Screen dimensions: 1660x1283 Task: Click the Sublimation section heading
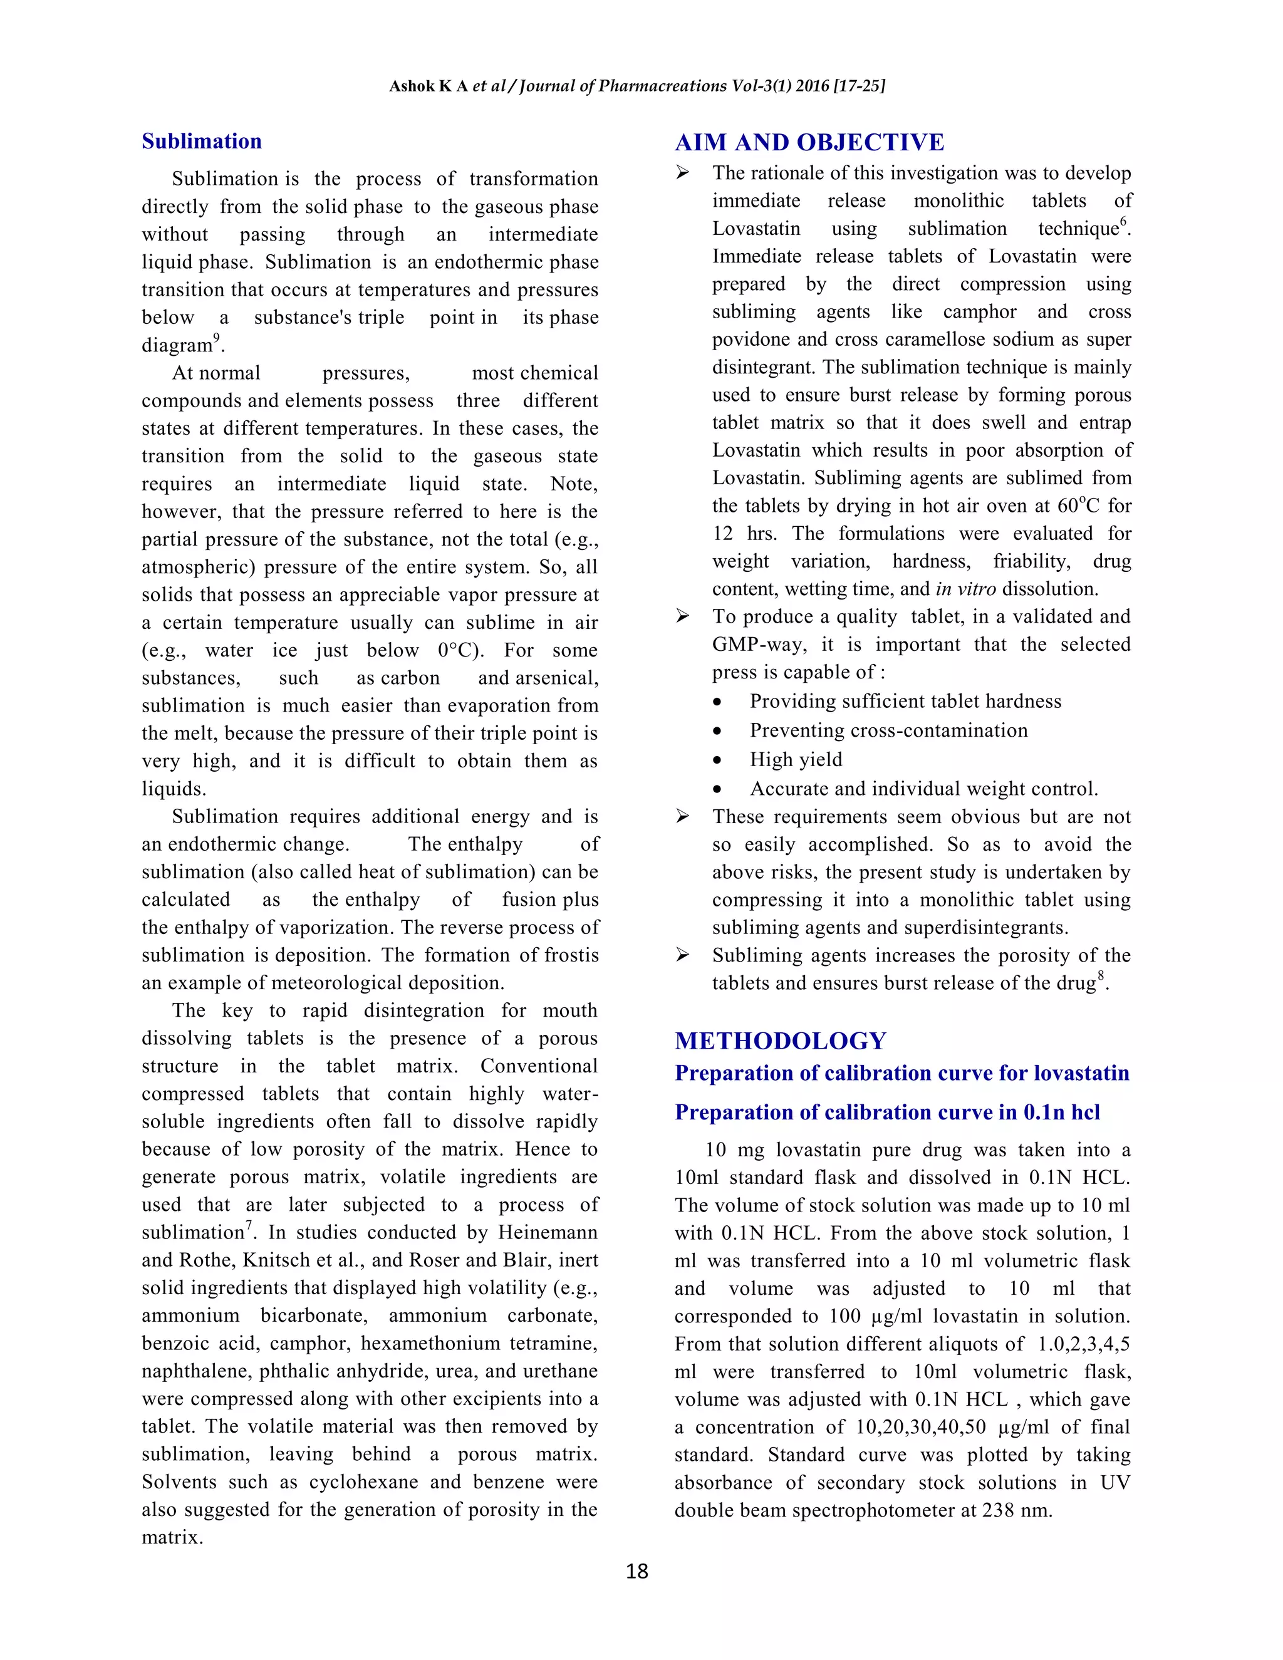click(x=202, y=142)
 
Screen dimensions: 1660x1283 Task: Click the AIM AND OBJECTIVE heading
click(x=809, y=142)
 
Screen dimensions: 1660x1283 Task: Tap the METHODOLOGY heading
click(x=781, y=1040)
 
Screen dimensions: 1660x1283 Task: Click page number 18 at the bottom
click(x=637, y=1571)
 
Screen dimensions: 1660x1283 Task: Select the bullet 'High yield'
click(x=796, y=759)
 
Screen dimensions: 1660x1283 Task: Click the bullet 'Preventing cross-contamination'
click(x=888, y=730)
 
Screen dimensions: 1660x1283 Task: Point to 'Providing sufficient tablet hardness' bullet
click(x=905, y=701)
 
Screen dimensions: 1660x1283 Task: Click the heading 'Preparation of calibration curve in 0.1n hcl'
click(x=887, y=1112)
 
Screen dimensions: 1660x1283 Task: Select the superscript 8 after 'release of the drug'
click(x=1101, y=976)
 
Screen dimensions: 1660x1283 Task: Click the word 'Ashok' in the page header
click(x=411, y=86)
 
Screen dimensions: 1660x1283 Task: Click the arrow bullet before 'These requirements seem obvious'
click(x=683, y=816)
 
